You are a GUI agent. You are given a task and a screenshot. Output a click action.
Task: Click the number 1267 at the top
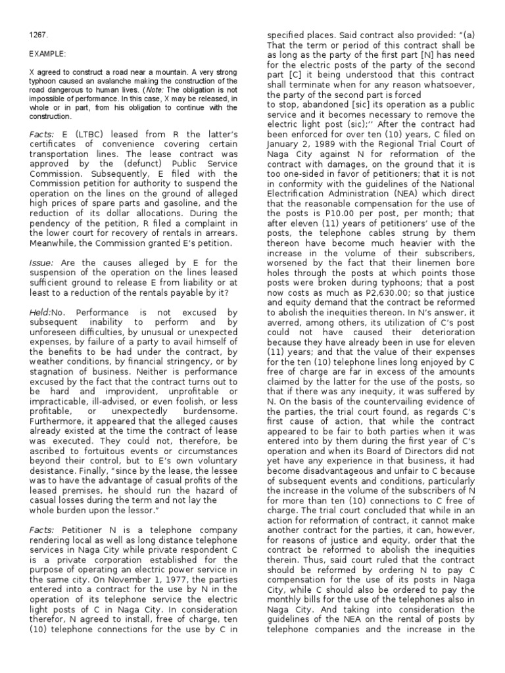(39, 34)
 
